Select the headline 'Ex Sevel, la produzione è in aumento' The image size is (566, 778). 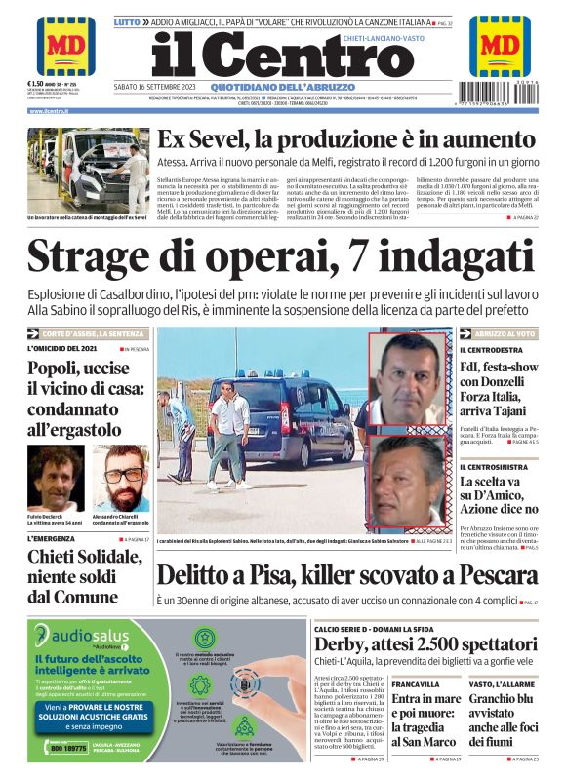345,140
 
